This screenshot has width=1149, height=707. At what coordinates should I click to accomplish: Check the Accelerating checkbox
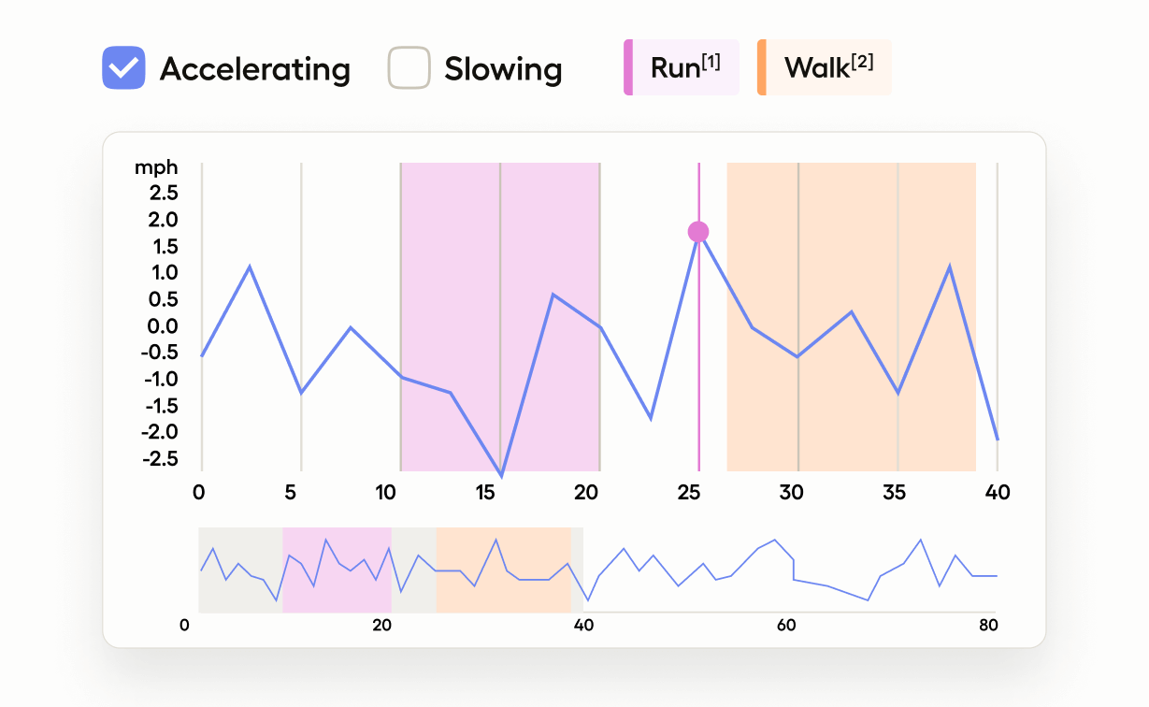click(x=123, y=68)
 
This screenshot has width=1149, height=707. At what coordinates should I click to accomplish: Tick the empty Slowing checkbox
click(x=409, y=68)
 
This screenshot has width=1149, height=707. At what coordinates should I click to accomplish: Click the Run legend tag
click(x=682, y=67)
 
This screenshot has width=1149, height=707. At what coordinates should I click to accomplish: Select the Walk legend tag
click(x=825, y=67)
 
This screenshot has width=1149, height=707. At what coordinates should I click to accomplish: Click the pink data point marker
click(x=698, y=232)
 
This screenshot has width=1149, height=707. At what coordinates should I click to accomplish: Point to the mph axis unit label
click(x=156, y=168)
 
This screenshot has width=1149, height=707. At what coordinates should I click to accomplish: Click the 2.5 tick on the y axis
click(x=160, y=194)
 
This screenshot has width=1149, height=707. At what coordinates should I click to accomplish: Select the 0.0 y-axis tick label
click(x=160, y=326)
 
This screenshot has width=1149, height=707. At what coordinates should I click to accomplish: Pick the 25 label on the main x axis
click(x=689, y=493)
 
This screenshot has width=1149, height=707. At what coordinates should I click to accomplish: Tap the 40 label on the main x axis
click(x=998, y=493)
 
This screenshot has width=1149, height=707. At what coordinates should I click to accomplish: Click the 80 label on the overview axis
click(x=987, y=625)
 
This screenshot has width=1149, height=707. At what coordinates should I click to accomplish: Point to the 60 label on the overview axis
click(x=785, y=625)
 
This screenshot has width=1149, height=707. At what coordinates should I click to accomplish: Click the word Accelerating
click(x=254, y=69)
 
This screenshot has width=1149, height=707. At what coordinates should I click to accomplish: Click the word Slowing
click(x=503, y=69)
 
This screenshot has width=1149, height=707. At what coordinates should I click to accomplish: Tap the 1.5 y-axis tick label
click(x=160, y=247)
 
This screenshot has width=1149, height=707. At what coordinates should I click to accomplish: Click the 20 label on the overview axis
click(x=381, y=625)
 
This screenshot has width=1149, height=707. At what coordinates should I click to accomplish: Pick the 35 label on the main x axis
click(x=895, y=493)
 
